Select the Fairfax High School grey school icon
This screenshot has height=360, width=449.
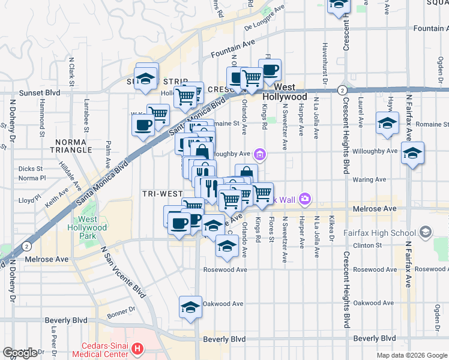click(425, 232)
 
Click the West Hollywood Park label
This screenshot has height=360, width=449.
click(92, 227)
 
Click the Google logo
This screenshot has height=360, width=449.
click(20, 353)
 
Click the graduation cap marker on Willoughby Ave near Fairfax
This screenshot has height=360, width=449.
click(412, 154)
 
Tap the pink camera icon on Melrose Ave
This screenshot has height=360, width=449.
click(305, 199)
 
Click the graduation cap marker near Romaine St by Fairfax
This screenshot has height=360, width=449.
click(387, 124)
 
